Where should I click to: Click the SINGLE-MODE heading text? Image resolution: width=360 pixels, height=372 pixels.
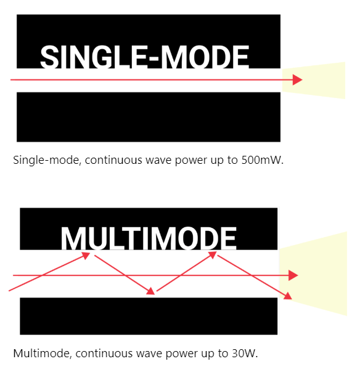[x=144, y=57]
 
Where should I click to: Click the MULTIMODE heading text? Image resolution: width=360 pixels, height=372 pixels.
[x=149, y=238]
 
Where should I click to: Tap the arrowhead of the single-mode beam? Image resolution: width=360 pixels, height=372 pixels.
[x=298, y=79]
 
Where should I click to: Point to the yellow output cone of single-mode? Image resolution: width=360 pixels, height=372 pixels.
[x=313, y=80]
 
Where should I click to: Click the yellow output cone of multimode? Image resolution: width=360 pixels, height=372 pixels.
[x=313, y=273]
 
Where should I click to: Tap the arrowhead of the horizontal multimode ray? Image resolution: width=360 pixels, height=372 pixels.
[x=293, y=275]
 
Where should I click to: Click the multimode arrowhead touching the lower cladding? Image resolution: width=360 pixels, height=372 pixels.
[x=151, y=291]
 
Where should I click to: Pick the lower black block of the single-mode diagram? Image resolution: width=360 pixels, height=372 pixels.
[x=149, y=117]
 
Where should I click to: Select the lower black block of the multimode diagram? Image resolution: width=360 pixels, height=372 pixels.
[x=149, y=316]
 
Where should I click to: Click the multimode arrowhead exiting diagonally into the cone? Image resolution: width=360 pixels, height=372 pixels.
[x=288, y=296]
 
